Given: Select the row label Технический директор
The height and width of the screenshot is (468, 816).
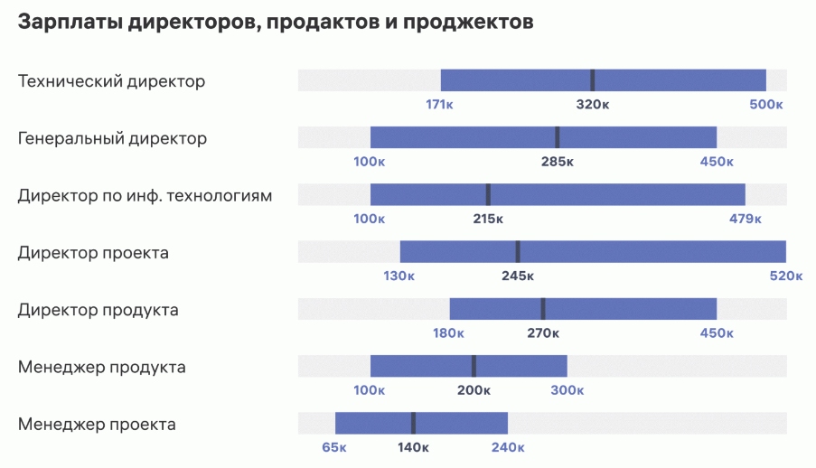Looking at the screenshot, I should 111,81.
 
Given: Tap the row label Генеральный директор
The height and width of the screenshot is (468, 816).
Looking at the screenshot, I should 112,138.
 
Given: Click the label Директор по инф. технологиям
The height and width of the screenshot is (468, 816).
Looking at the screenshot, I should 145,195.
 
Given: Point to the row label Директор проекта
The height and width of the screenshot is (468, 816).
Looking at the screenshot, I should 93,252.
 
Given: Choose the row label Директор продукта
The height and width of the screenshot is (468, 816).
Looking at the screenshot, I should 98,310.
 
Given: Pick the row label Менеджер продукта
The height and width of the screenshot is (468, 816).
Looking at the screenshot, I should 101,367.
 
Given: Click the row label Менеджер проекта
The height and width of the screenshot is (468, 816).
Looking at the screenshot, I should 97,424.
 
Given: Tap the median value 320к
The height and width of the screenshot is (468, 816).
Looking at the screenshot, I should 593,104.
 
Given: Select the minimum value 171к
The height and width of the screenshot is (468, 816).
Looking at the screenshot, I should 439,104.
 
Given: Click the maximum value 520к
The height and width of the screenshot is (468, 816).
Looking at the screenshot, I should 785,276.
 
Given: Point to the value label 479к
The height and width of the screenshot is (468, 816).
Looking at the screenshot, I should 746,219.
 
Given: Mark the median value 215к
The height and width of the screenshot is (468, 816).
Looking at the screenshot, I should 488,219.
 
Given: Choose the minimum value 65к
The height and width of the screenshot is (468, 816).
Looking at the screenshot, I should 334,447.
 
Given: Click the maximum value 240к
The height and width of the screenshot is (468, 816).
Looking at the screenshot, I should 508,447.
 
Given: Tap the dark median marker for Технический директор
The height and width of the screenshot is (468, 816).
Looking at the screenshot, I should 593,80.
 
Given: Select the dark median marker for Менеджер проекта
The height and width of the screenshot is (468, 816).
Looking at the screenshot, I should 413,423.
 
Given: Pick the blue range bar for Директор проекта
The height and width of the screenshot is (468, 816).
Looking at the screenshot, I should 651,251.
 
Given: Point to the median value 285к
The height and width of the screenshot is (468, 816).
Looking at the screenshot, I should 558,162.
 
